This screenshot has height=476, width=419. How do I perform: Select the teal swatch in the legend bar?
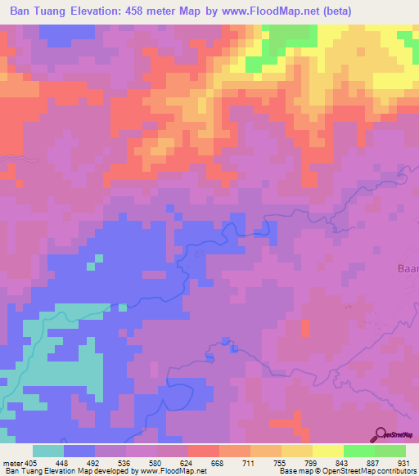(48, 451)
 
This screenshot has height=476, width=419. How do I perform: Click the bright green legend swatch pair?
(375, 451)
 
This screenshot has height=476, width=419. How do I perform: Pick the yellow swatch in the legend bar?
(328, 451)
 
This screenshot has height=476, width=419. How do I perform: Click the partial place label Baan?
(408, 267)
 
